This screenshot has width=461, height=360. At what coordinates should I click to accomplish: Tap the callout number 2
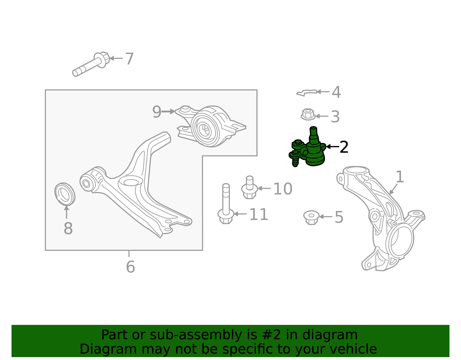(x=344, y=147)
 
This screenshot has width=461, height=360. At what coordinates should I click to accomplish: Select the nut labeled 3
(x=308, y=114)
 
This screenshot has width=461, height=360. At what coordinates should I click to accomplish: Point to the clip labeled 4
(x=307, y=93)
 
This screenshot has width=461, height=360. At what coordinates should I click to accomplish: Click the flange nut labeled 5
(x=311, y=218)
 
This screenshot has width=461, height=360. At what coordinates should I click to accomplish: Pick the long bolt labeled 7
(x=91, y=64)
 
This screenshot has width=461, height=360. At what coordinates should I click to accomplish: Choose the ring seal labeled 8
(x=65, y=194)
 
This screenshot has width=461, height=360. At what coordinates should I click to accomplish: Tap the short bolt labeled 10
(x=250, y=187)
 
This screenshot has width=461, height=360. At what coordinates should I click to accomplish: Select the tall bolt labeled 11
(x=226, y=204)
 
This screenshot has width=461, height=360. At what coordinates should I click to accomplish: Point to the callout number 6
(x=131, y=267)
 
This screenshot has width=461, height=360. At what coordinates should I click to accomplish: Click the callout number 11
(x=259, y=214)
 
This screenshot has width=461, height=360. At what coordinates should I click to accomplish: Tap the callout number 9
(x=157, y=112)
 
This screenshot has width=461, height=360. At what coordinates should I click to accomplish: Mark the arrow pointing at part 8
(x=66, y=212)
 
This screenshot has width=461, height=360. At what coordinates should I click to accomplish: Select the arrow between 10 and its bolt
(x=264, y=188)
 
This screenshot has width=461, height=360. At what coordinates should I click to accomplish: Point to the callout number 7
(x=129, y=59)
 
